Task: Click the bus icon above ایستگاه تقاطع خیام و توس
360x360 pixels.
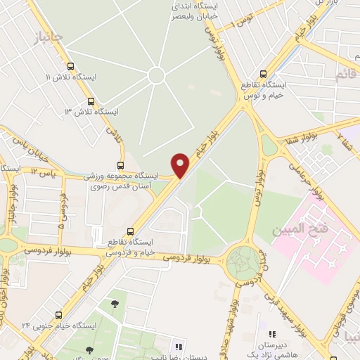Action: coord(264,73)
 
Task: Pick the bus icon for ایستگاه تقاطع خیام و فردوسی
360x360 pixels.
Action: coord(131,231)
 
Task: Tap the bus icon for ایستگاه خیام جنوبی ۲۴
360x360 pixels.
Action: coord(58,315)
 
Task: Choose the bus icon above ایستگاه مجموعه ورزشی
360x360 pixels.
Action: coord(120,166)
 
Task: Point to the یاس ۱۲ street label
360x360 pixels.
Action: coord(44,172)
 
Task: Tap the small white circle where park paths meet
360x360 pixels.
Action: coord(157,75)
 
